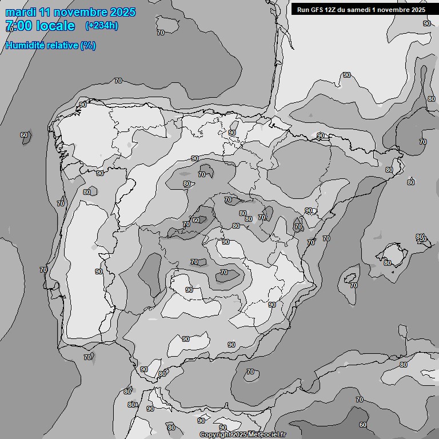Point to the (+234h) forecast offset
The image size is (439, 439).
[102, 26]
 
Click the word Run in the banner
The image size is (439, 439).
[302, 10]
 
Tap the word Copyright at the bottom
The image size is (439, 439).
[215, 435]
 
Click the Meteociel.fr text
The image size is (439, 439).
[266, 435]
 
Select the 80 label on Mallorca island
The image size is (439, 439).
[388, 263]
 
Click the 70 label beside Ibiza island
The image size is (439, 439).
[354, 285]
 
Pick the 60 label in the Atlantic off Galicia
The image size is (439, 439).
[24, 135]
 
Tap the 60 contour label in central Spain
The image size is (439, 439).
[195, 220]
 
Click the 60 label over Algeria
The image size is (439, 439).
[363, 425]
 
